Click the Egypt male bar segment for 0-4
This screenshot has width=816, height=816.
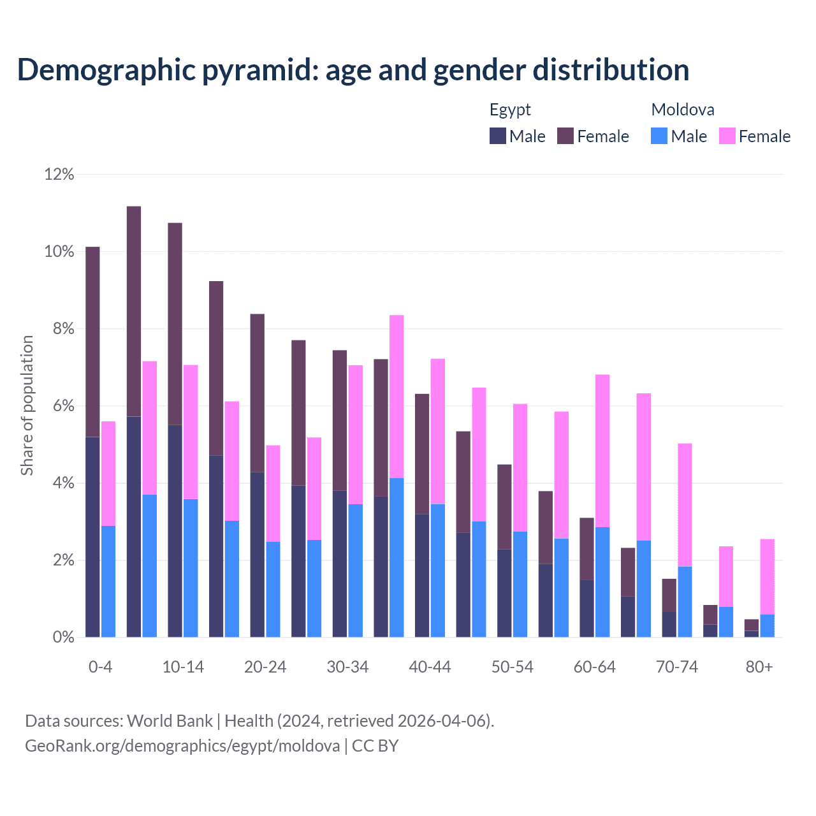tap(92, 537)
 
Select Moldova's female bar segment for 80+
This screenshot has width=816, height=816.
tap(768, 576)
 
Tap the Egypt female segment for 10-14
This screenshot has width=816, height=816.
tap(175, 324)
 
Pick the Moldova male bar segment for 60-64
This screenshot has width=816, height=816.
tap(602, 582)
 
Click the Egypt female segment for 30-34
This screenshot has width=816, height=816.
tap(340, 420)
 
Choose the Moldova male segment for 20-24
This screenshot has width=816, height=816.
tap(273, 589)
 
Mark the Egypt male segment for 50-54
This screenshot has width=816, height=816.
tap(504, 593)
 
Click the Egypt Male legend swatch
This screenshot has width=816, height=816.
tap(498, 136)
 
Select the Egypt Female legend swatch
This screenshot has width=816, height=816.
tap(565, 136)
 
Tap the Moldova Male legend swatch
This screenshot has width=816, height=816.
tap(659, 136)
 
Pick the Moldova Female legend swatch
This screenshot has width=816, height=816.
tap(727, 136)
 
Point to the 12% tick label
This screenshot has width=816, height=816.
tap(59, 174)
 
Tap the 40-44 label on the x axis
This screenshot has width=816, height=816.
tap(430, 667)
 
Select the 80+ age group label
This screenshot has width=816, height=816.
tap(759, 667)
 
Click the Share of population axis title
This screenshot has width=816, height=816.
tap(27, 405)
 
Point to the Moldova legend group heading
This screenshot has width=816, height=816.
tap(683, 110)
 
